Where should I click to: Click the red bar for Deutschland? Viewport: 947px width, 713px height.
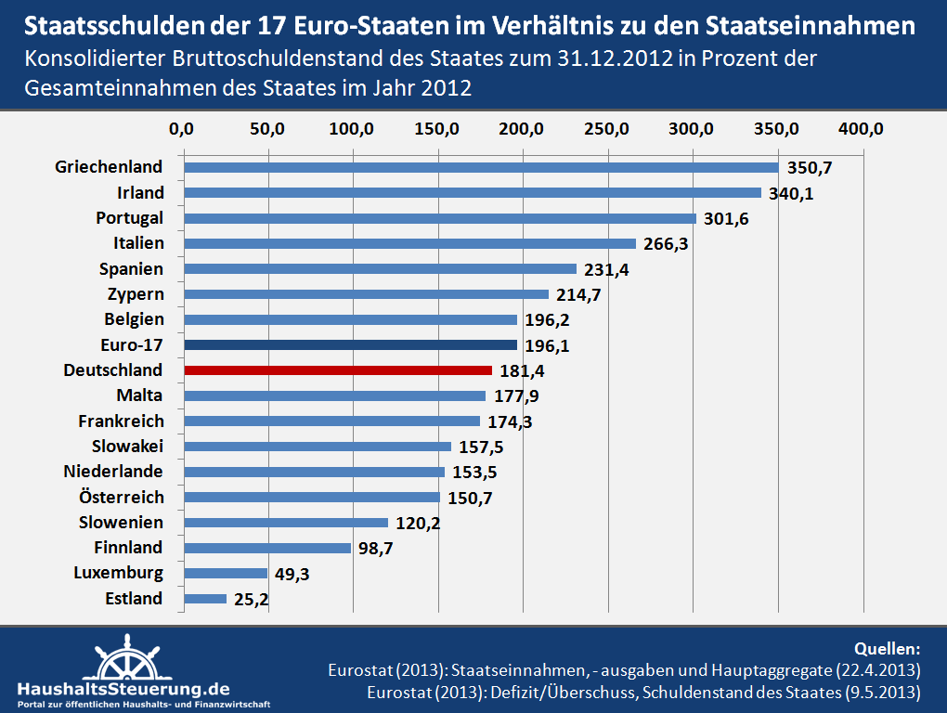[x=338, y=370]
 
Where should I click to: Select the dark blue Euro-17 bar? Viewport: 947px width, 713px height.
[x=350, y=345]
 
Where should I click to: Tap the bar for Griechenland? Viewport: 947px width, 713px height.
[x=481, y=168]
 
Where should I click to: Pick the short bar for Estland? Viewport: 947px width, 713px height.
[x=205, y=599]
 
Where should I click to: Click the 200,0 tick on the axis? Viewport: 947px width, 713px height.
[x=523, y=129]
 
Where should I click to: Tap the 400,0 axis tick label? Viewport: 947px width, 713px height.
[x=863, y=129]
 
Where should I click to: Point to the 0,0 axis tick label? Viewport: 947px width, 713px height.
[x=184, y=129]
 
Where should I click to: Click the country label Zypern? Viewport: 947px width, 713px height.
[x=136, y=294]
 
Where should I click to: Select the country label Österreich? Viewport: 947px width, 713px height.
[x=122, y=497]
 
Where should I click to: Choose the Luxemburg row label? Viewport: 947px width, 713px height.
[x=119, y=573]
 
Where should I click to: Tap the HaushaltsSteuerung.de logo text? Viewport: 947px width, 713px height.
[x=123, y=689]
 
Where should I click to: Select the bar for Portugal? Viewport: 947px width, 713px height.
[x=440, y=218]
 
